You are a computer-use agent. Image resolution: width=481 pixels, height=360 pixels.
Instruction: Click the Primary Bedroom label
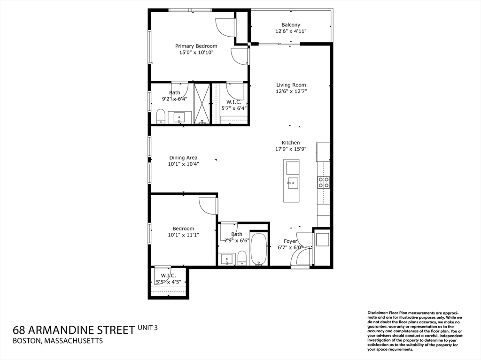click(196, 46)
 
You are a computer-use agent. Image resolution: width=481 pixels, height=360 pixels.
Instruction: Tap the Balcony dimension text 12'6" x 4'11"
click(291, 32)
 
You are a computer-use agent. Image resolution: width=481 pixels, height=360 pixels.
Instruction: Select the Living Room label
click(291, 85)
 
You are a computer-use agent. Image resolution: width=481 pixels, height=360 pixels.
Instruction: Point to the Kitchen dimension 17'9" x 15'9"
click(291, 150)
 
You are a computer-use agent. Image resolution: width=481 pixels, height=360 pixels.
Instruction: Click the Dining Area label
click(183, 158)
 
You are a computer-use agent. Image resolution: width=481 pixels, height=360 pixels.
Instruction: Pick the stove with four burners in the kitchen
click(323, 182)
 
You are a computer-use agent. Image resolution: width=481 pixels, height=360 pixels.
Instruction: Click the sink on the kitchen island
click(292, 183)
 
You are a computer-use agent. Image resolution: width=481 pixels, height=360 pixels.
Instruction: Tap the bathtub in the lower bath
click(258, 249)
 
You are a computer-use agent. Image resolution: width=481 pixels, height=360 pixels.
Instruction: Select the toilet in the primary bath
click(161, 116)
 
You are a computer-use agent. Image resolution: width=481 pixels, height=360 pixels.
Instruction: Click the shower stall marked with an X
click(202, 103)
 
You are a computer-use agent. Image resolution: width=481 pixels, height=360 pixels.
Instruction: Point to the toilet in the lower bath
click(242, 258)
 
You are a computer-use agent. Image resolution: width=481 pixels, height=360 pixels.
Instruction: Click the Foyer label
click(290, 241)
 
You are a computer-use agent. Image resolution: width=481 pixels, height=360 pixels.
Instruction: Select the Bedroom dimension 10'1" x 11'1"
click(183, 235)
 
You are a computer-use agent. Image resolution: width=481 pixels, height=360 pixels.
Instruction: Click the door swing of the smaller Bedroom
click(207, 206)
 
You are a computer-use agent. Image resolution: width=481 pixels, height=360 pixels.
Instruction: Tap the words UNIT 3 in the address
click(148, 328)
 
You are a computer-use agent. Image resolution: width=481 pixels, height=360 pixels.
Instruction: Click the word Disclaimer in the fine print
click(377, 313)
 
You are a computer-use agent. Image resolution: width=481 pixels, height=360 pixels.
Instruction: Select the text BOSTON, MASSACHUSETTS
click(58, 341)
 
